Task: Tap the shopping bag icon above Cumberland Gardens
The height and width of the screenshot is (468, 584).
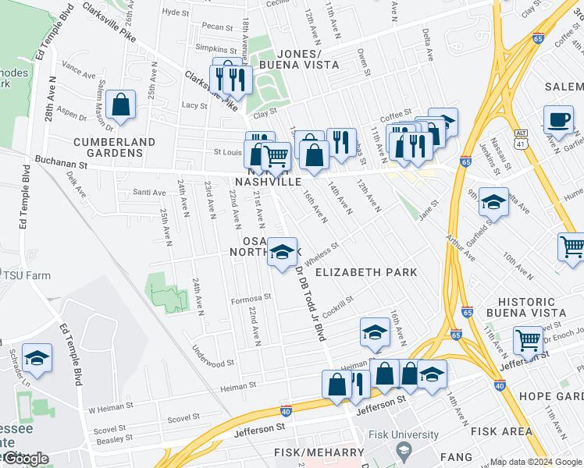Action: pos(122,104)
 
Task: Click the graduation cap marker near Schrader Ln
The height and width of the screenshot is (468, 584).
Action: pos(37,359)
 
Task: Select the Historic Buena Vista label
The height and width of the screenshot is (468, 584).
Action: pos(538,307)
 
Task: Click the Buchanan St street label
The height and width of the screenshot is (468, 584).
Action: pos(60,165)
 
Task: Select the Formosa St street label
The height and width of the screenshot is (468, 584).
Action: pos(250,297)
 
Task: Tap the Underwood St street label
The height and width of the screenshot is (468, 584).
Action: pos(212,363)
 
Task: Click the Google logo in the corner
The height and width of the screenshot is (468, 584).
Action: pos(27,459)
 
